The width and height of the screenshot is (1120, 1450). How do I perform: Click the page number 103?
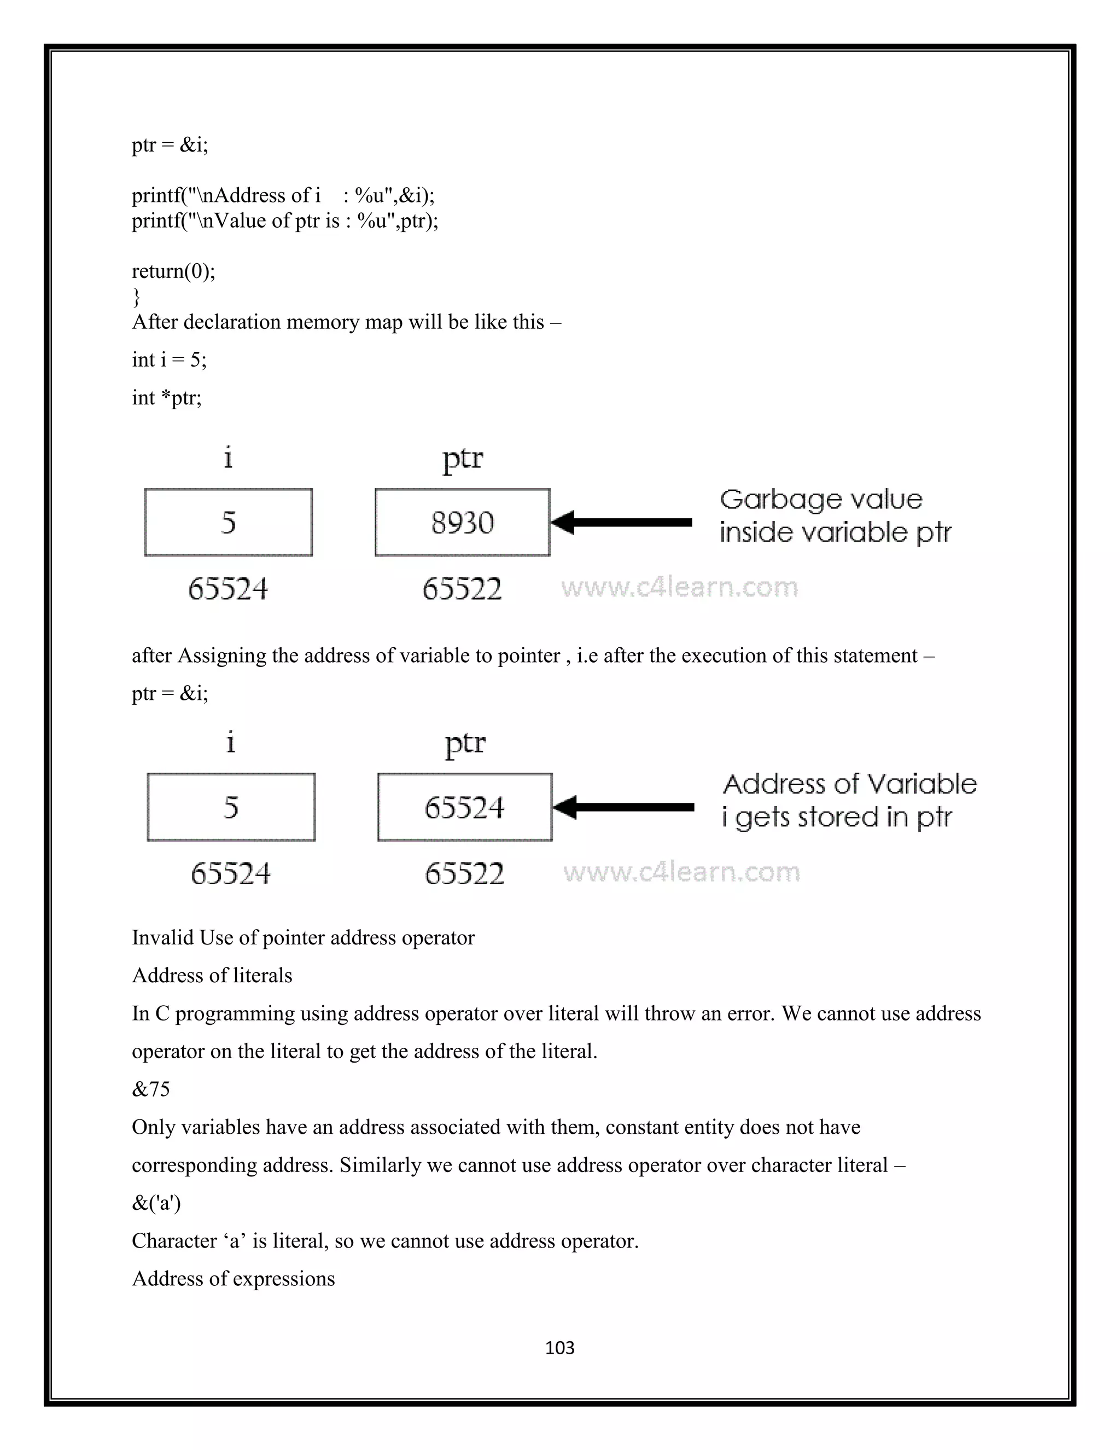[x=559, y=1348]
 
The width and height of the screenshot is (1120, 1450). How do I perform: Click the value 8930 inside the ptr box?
[x=463, y=523]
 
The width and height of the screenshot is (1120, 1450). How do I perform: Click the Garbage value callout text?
[x=834, y=516]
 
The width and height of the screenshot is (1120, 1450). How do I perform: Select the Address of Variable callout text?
[x=849, y=801]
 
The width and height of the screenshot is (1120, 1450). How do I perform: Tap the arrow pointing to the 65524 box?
[x=623, y=807]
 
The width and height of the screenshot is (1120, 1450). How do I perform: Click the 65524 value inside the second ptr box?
[x=464, y=807]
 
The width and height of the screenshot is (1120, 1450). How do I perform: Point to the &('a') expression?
[x=156, y=1202]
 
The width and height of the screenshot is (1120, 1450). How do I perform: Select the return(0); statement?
[x=173, y=271]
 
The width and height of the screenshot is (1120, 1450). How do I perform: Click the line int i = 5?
[x=169, y=360]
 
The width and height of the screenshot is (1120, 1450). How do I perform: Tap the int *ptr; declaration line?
[x=167, y=398]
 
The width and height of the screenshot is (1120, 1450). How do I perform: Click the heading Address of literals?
[x=212, y=975]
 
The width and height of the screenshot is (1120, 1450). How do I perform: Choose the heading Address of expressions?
[x=233, y=1278]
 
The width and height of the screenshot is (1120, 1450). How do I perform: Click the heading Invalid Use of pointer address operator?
[x=303, y=937]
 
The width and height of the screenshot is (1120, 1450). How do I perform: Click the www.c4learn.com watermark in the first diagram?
[x=679, y=587]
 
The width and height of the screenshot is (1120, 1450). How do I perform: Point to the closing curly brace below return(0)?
[x=136, y=296]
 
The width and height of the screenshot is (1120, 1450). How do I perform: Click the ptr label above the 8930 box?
[x=463, y=458]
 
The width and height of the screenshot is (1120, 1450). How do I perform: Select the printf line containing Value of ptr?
[x=284, y=221]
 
